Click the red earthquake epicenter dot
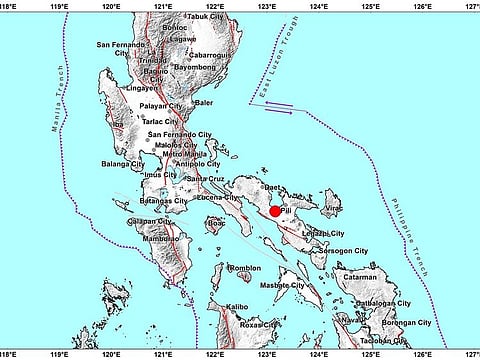pos(275,211)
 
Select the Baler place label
pos(204,102)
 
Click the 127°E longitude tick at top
pos(471,5)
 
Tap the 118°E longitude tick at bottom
pos(6,354)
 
